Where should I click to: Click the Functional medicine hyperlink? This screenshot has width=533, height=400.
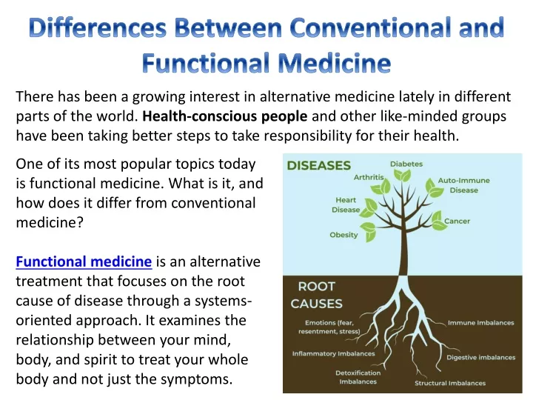tap(84, 261)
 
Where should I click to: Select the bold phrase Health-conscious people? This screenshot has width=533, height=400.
tap(225, 116)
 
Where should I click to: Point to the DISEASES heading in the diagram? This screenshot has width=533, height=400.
tap(319, 166)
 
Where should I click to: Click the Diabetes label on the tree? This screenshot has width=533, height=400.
tap(406, 164)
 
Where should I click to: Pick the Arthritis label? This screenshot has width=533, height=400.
tap(369, 177)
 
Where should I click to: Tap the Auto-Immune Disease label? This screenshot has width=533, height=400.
tap(464, 185)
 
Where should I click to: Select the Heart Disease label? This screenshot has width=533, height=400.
tap(346, 204)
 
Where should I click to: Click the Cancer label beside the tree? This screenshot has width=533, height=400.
tap(457, 221)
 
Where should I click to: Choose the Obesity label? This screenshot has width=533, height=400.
tap(343, 235)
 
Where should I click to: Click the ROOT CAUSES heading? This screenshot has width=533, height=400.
tap(317, 295)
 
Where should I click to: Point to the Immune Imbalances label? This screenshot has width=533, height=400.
tap(481, 322)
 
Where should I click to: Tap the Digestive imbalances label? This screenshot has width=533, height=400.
tap(481, 357)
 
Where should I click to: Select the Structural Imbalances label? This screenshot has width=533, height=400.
tap(450, 383)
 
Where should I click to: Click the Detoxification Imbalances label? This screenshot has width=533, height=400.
tap(358, 377)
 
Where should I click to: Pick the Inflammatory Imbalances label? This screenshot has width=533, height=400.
tap(333, 354)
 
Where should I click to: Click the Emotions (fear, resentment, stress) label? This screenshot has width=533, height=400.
tap(329, 327)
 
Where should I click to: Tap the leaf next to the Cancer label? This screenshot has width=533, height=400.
tap(439, 221)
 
